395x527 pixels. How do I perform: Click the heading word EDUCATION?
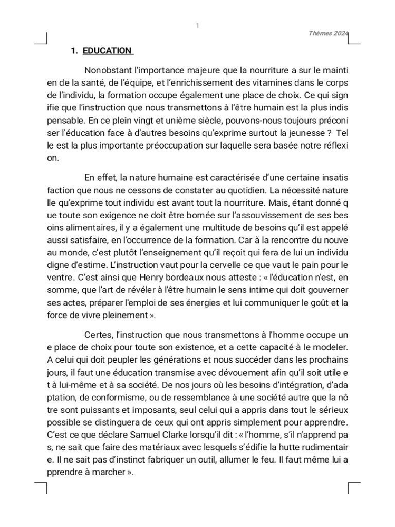click(x=107, y=50)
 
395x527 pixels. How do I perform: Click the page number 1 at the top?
click(x=197, y=26)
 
